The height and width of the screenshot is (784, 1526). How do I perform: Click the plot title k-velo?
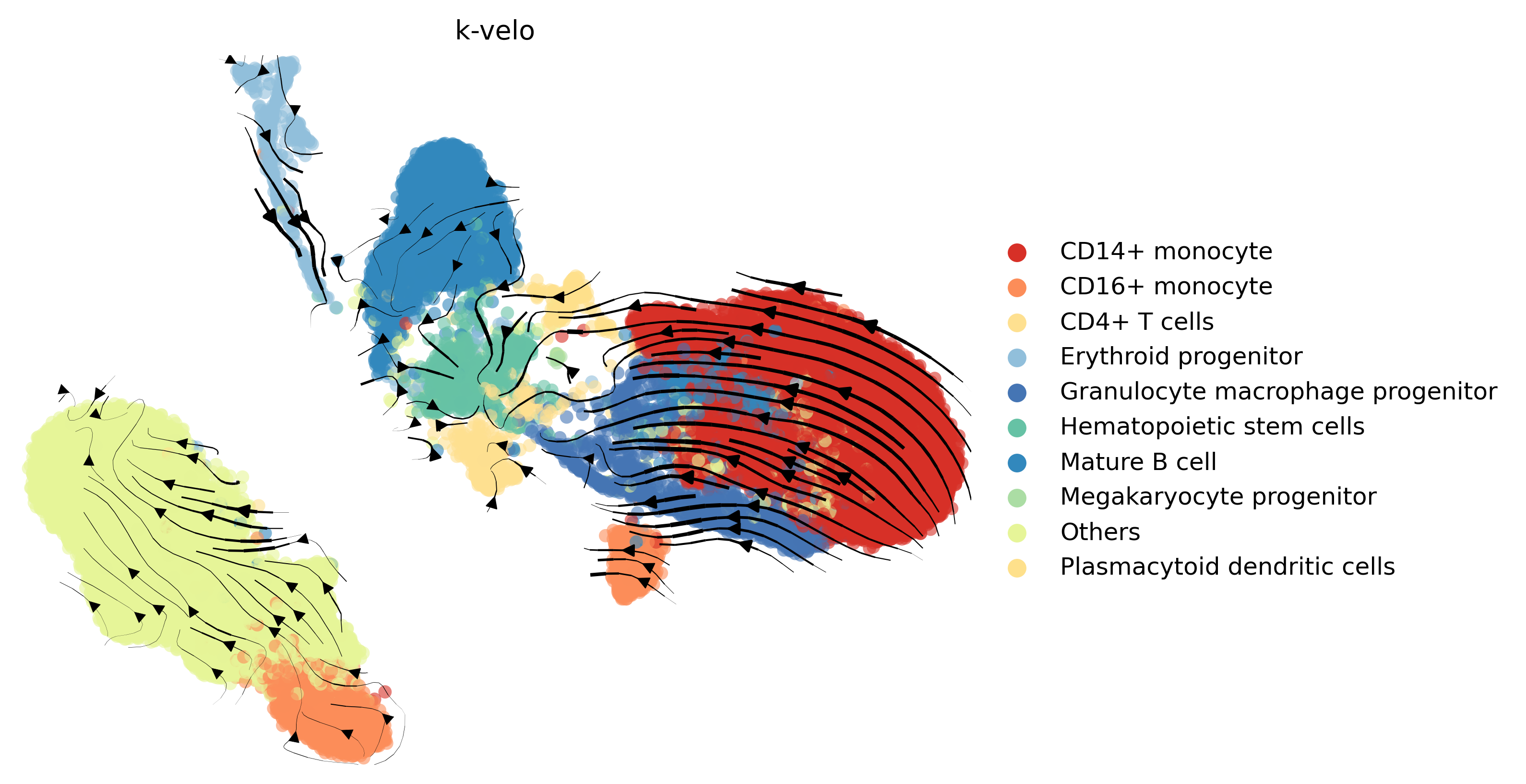tap(495, 31)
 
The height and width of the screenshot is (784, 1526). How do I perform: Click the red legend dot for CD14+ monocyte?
tap(1016, 252)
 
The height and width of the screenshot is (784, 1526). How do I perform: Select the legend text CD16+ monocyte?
tap(1165, 287)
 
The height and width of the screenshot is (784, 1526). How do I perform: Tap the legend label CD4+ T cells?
tap(1136, 322)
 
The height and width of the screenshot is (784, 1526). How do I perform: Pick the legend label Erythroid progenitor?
tap(1180, 357)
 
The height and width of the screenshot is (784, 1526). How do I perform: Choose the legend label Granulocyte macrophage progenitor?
tap(1278, 392)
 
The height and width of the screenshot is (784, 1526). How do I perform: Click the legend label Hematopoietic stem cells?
tap(1211, 427)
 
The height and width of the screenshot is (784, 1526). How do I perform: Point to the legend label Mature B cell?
tap(1137, 462)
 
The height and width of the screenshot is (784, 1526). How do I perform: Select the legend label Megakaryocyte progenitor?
tap(1217, 496)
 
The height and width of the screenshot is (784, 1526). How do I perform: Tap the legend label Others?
tap(1099, 532)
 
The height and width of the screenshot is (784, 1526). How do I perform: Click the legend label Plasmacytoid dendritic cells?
tap(1227, 567)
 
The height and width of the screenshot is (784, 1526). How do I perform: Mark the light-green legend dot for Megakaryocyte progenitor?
tap(1016, 498)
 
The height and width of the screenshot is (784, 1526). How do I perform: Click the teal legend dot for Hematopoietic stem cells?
tap(1016, 427)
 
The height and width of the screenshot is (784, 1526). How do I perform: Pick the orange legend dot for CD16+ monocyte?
tap(1016, 288)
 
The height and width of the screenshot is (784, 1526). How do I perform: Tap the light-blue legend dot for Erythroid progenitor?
tap(1016, 357)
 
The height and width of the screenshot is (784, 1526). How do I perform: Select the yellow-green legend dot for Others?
tap(1016, 533)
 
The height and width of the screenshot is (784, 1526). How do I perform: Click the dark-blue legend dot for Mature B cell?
tap(1016, 463)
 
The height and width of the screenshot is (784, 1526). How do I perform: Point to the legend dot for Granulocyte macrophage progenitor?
tap(1016, 392)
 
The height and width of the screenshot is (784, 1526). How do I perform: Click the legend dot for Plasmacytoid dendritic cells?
tap(1016, 567)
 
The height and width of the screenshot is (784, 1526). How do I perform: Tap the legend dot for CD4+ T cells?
tap(1016, 322)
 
